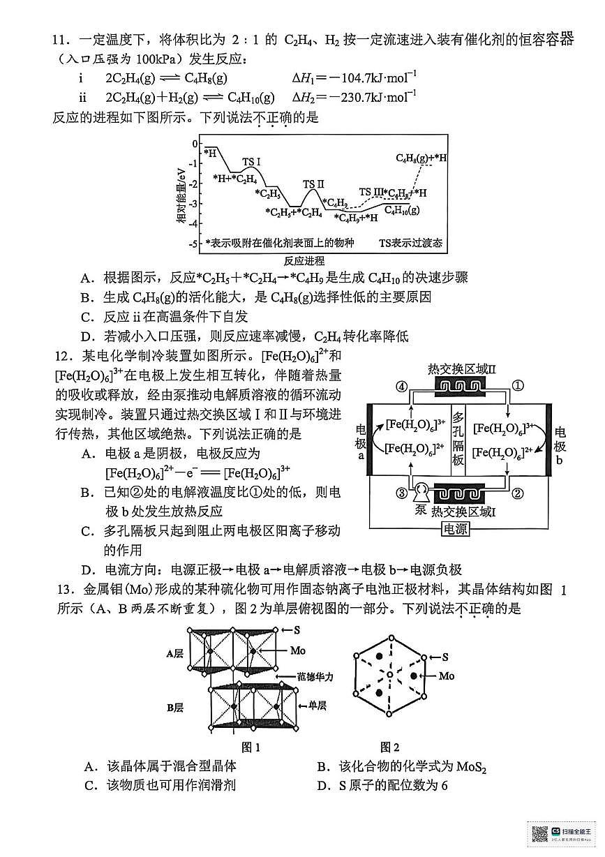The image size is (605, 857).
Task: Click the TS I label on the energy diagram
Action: click(251, 163)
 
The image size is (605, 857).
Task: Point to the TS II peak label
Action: click(313, 184)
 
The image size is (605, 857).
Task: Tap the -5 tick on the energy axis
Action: click(193, 244)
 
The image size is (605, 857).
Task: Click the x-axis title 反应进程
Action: click(304, 261)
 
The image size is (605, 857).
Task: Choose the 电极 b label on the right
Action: click(560, 447)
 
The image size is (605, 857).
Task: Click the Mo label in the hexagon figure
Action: click(447, 676)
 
